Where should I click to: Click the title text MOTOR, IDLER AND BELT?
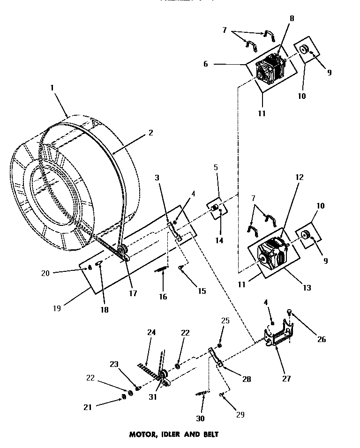173,434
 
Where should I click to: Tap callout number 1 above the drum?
52,87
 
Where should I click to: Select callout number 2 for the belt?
150,133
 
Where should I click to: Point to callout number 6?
205,64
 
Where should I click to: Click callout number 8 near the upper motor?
292,19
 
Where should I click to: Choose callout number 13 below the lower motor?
307,288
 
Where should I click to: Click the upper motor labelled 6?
270,69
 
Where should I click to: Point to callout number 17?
133,293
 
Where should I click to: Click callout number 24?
151,333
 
